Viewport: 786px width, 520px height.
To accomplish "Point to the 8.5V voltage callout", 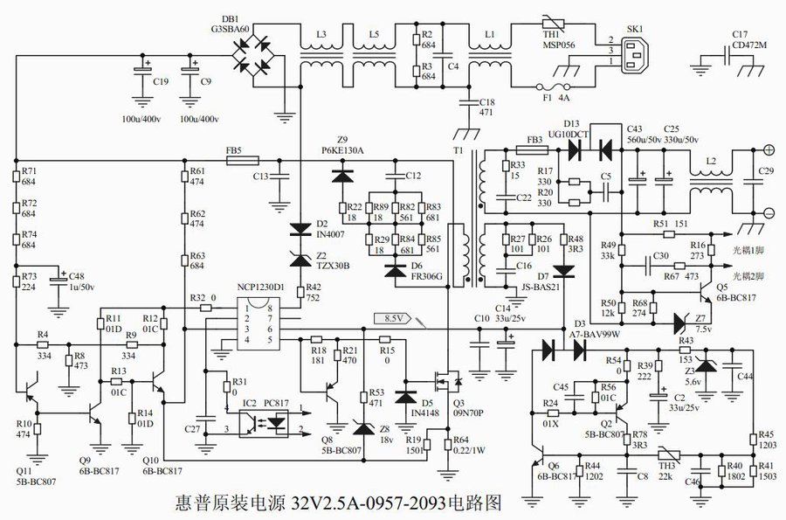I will coord(392,320).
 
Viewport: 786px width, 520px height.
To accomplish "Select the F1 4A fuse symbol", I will coord(552,87).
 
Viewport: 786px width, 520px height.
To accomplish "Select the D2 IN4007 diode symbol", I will coord(300,231).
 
